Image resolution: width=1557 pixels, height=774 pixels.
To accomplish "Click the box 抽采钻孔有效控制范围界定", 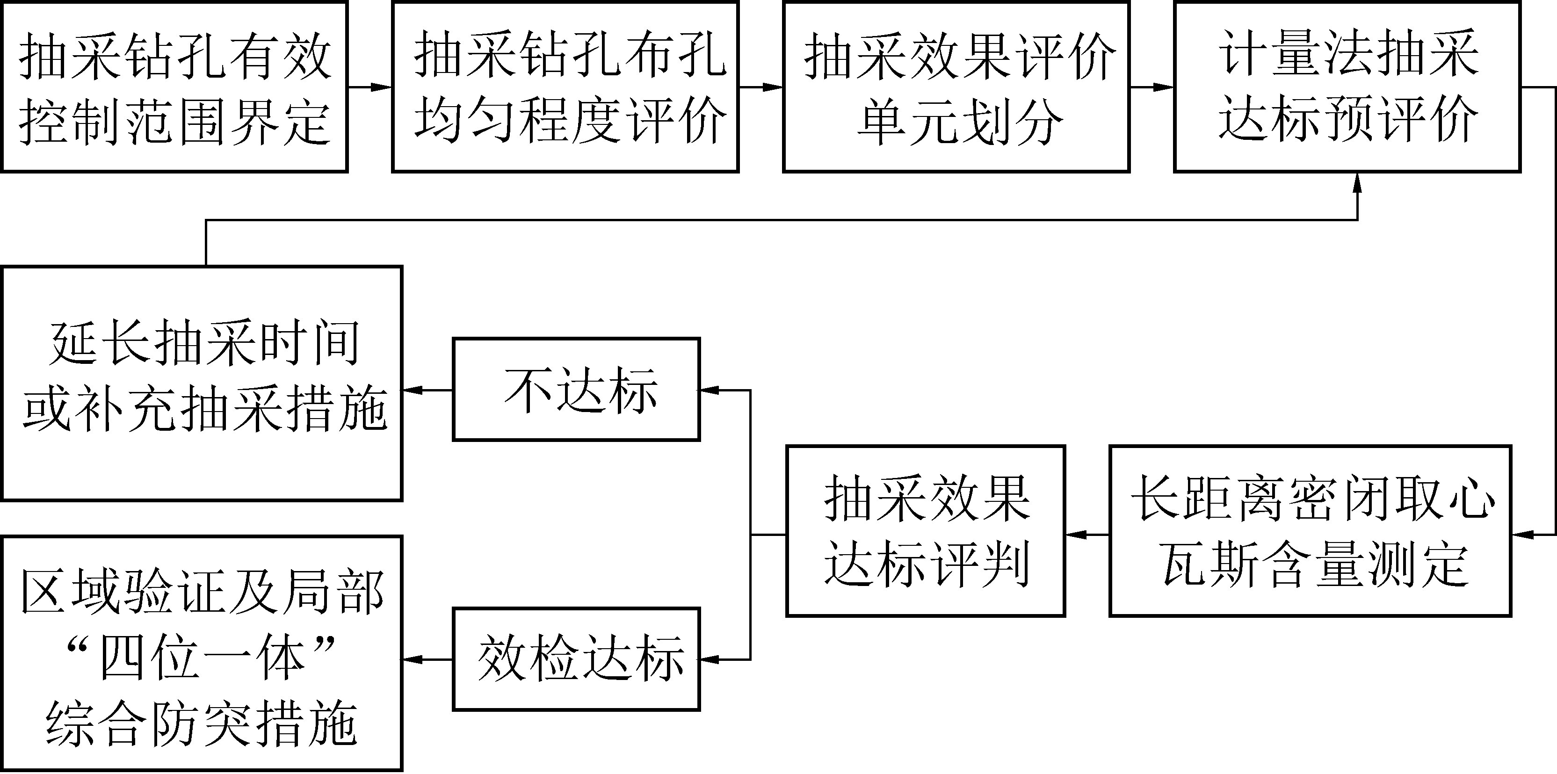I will coord(174,87).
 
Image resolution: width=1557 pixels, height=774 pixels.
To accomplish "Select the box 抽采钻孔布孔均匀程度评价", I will coord(565,87).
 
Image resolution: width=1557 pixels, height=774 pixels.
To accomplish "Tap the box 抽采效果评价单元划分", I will coord(956,87).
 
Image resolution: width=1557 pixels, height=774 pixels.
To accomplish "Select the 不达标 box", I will coord(576,390).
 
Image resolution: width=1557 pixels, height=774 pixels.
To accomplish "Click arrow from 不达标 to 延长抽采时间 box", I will coord(427,391).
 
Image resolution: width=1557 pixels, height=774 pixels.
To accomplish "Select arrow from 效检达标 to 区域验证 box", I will coord(427,660).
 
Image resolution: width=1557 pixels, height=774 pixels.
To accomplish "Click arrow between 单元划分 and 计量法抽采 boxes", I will coord(1151,87).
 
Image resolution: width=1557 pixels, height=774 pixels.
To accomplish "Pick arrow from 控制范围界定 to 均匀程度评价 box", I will coord(370,87).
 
